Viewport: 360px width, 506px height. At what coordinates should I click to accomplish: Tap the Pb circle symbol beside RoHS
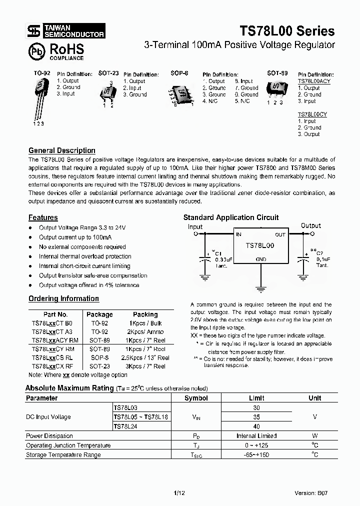(36, 51)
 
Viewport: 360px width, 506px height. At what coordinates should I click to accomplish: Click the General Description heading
(62, 150)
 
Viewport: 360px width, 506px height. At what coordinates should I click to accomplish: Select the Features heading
(43, 217)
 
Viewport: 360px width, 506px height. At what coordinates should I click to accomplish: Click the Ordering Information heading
(63, 298)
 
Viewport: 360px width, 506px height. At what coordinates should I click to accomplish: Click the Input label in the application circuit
(195, 226)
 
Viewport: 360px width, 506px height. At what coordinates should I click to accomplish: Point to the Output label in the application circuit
(310, 225)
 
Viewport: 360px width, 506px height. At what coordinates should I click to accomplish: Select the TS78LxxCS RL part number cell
(53, 357)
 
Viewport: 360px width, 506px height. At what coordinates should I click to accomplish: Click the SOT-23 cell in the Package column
(99, 366)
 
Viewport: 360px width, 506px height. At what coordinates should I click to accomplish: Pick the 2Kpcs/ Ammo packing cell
(145, 331)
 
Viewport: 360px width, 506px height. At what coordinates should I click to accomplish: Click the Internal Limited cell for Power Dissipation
(256, 436)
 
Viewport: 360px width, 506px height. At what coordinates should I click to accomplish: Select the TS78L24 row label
(125, 426)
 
